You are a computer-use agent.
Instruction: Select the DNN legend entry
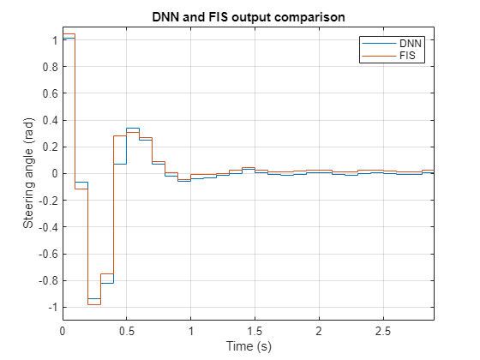tap(399, 42)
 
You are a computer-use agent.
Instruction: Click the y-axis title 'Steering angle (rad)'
tap(28, 174)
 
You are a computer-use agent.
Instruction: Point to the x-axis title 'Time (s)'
tap(248, 346)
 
